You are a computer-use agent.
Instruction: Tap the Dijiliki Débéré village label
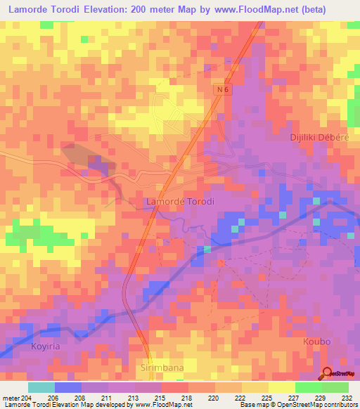tap(319, 137)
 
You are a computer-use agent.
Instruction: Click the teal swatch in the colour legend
tap(41, 387)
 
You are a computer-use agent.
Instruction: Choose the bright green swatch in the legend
tap(308, 387)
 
